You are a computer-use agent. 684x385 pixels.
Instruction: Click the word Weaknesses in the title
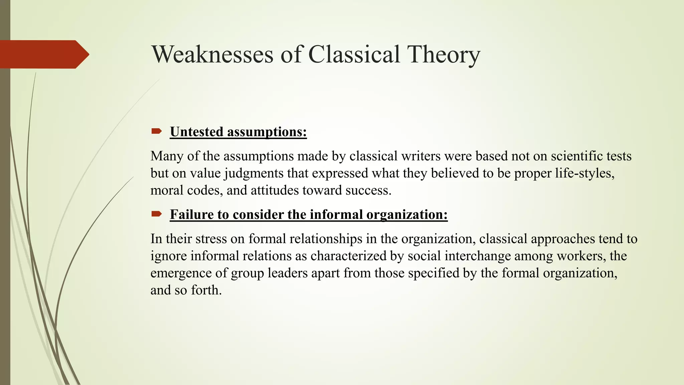coord(213,54)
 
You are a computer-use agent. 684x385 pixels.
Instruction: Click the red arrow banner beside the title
coord(43,54)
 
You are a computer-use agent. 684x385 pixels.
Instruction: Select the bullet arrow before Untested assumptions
coord(156,131)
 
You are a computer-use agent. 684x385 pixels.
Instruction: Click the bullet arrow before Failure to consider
coord(156,214)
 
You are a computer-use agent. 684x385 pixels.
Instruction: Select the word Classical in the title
coord(354,54)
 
